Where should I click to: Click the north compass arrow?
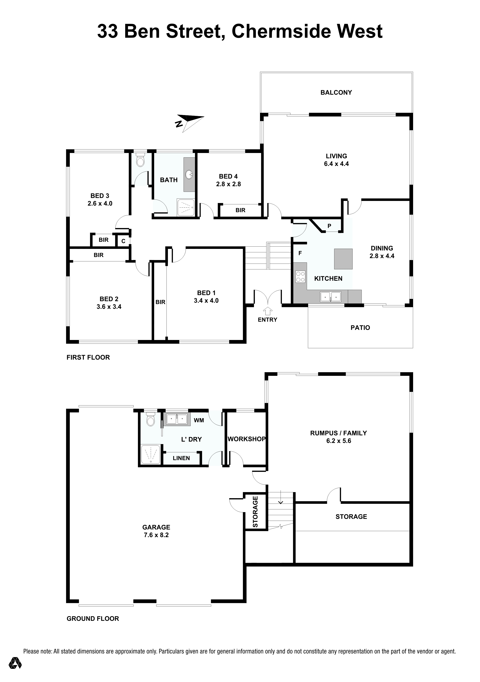(x=190, y=122)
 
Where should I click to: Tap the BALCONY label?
(x=336, y=92)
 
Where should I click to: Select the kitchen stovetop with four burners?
(x=300, y=277)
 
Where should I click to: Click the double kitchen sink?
(x=331, y=296)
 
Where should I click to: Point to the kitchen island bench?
(x=344, y=259)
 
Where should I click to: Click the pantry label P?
(x=329, y=226)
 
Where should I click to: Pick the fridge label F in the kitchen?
(x=300, y=253)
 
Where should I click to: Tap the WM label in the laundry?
(x=199, y=420)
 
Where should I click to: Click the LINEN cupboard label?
(x=181, y=458)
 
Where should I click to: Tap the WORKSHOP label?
(x=247, y=439)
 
